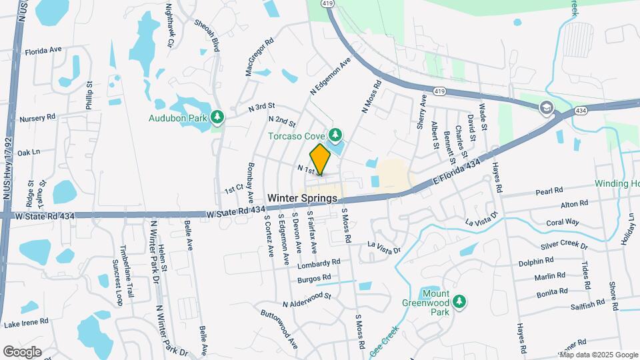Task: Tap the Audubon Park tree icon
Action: coord(217,117)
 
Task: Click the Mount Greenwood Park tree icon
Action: coord(459,303)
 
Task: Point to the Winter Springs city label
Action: coord(303,199)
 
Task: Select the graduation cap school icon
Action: coord(547,108)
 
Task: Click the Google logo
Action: coord(22,351)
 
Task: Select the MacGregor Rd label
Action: coord(260,57)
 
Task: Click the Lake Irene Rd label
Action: coord(26,323)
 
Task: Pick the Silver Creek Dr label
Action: coord(564,246)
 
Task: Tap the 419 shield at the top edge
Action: coord(327,3)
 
